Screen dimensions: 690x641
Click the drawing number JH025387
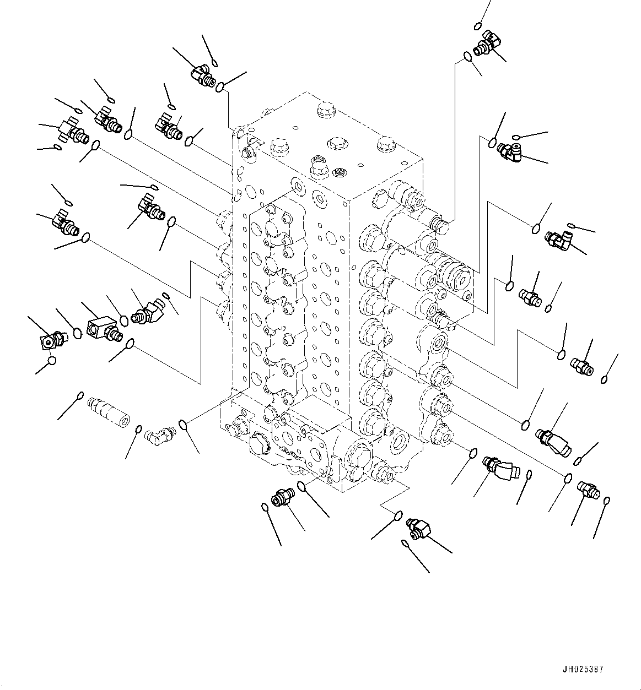coord(584,670)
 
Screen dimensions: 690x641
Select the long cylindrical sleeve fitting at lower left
coord(108,412)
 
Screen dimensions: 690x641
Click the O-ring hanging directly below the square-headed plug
coord(51,361)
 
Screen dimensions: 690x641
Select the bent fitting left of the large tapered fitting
coord(500,467)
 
